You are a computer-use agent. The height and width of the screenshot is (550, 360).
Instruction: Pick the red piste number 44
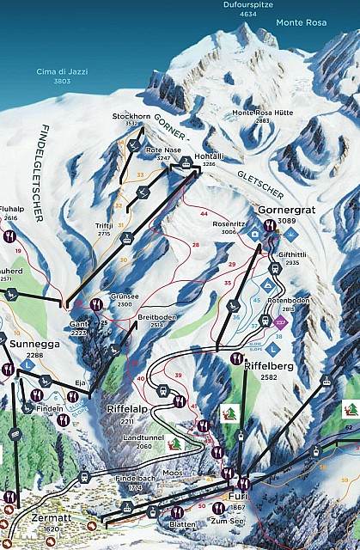pos(204,212)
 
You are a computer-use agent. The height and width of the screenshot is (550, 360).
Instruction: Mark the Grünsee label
pos(121,296)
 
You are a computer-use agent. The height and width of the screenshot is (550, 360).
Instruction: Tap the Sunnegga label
pos(27,344)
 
